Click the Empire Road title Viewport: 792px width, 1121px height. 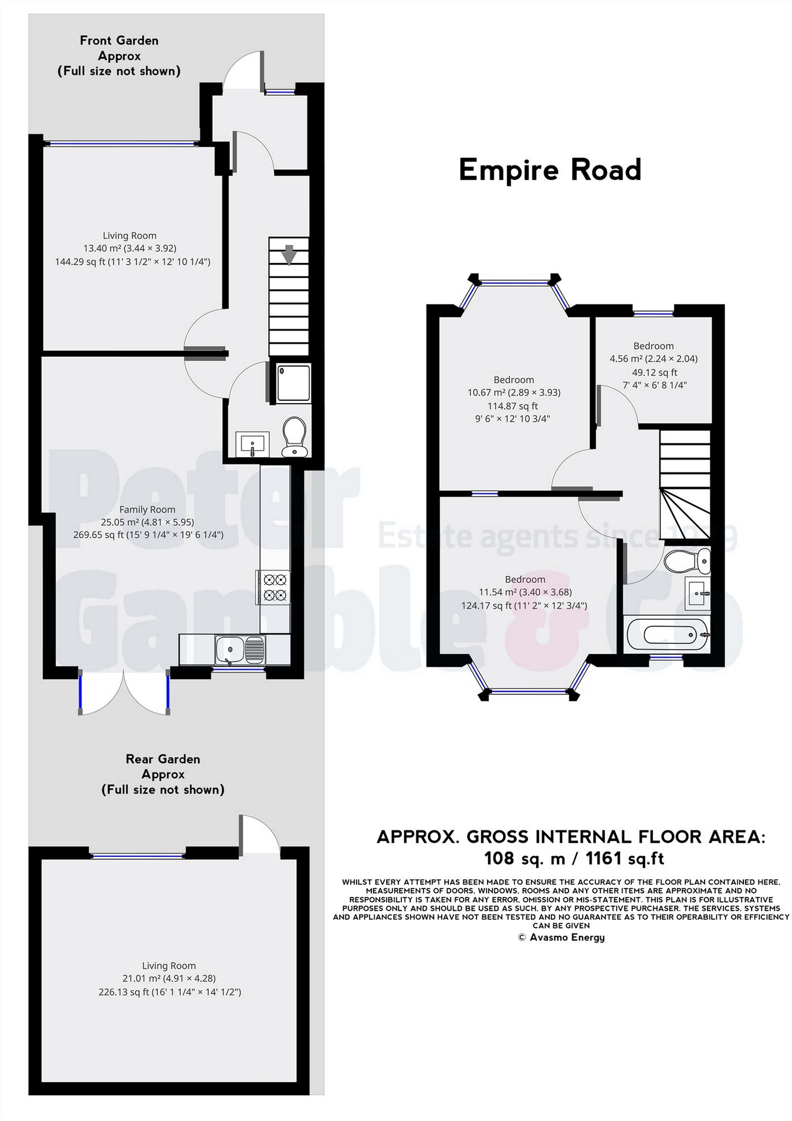point(550,170)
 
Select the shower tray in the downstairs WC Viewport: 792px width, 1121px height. point(293,383)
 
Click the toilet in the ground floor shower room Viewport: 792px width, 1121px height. point(294,437)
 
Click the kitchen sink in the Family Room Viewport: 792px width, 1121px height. point(240,650)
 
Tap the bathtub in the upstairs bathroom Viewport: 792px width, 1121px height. point(668,634)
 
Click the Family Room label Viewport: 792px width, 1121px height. point(147,509)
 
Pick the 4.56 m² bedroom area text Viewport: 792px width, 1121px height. point(654,359)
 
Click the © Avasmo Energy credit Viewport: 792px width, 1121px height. point(561,937)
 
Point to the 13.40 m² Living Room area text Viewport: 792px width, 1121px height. point(130,248)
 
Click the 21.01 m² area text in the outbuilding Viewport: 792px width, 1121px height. point(169,978)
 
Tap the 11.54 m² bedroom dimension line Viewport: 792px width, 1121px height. point(524,592)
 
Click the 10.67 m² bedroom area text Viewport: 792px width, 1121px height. point(514,393)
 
